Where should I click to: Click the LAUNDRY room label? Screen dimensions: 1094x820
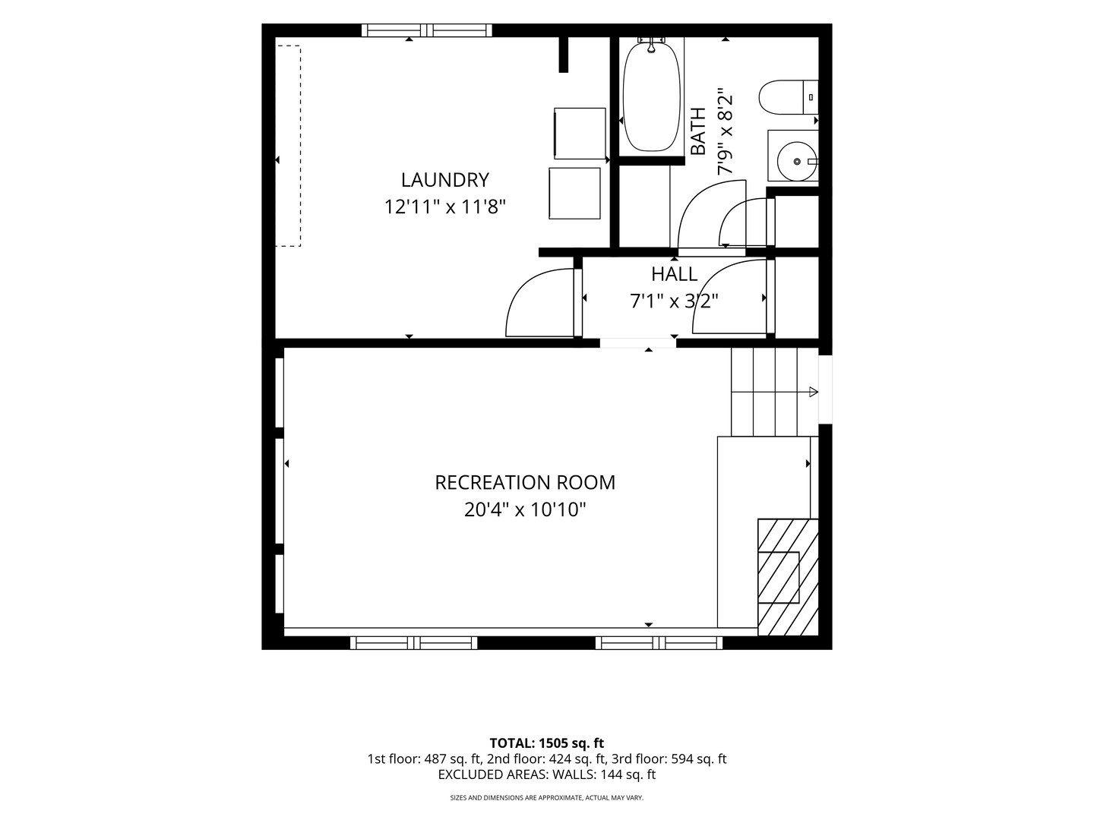coord(444,180)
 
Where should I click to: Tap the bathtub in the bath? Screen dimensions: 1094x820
coord(651,96)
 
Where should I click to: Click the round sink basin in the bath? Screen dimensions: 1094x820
coord(797,161)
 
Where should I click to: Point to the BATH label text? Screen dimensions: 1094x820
coord(698,131)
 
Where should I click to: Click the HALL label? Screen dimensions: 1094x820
coord(674,274)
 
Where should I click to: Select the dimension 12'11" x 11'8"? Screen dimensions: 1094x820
coord(444,207)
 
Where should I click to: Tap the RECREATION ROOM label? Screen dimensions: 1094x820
coord(525,482)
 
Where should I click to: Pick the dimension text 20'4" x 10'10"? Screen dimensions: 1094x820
coord(525,509)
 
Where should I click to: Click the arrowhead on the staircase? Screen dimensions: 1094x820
coord(814,392)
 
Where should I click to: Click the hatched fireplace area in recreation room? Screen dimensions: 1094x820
coord(788,577)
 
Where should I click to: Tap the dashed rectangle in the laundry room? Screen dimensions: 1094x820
coord(289,146)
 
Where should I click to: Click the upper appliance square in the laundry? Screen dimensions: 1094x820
coord(580,134)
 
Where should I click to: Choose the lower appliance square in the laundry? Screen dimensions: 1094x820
coord(574,193)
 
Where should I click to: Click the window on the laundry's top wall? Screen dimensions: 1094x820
coord(427,30)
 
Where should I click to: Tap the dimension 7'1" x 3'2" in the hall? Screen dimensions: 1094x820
coord(674,301)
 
